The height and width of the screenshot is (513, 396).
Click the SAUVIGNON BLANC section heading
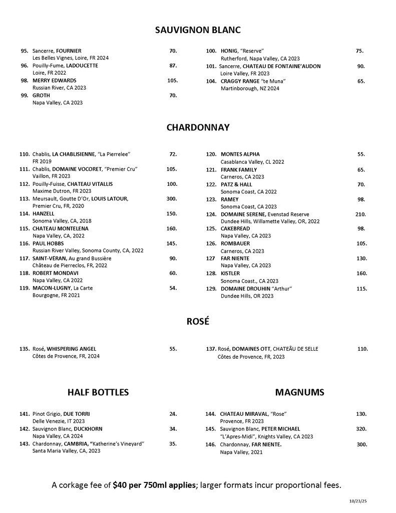click(198, 30)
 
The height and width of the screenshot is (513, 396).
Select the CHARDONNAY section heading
click(198, 127)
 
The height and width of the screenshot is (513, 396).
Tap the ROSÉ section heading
click(198, 322)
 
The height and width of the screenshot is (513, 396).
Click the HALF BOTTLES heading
click(98, 392)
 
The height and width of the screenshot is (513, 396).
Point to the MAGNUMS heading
click(300, 392)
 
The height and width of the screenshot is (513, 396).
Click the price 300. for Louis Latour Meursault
click(171, 199)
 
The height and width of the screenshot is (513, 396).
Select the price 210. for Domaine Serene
click(360, 214)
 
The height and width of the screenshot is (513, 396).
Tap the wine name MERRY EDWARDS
click(55, 80)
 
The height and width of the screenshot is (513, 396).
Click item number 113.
click(25, 199)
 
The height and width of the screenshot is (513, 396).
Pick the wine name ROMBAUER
click(235, 243)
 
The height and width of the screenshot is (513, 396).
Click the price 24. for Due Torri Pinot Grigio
click(173, 414)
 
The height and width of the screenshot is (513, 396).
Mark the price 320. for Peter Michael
click(361, 429)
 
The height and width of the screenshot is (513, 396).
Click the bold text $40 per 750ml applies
click(155, 485)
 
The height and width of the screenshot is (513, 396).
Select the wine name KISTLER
click(230, 274)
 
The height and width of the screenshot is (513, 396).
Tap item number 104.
click(211, 81)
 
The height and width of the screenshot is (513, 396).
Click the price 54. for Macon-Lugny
click(173, 288)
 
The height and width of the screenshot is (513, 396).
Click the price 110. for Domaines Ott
click(362, 349)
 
